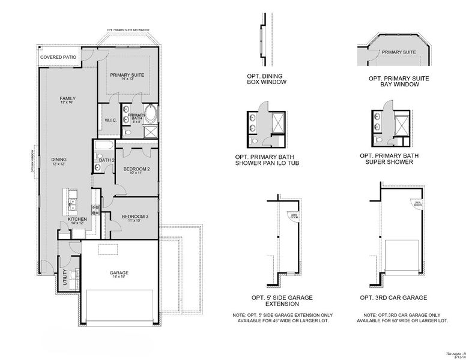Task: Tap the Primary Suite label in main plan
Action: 129,76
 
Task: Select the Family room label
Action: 67,100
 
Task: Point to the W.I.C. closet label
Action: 110,120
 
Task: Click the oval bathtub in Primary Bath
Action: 151,113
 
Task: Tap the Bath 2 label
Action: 106,160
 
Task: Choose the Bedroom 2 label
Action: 136,171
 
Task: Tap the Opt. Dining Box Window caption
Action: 266,79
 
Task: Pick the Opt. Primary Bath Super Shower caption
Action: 394,159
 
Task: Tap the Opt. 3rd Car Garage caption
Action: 393,297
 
